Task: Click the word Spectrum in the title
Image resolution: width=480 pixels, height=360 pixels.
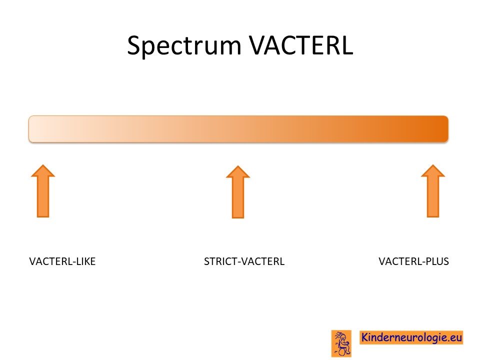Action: pyautogui.click(x=184, y=46)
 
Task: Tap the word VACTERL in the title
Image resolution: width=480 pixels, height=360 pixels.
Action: pyautogui.click(x=301, y=45)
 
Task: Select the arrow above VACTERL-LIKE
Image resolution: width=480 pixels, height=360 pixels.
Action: pyautogui.click(x=43, y=191)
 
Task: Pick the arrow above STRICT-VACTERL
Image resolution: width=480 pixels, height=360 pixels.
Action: pyautogui.click(x=238, y=192)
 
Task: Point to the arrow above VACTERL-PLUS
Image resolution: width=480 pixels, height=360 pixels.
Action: pyautogui.click(x=433, y=191)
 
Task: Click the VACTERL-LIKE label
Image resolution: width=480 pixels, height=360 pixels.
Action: pyautogui.click(x=62, y=261)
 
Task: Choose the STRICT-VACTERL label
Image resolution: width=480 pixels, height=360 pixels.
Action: pyautogui.click(x=244, y=261)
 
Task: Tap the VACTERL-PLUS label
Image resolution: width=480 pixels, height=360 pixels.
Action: pyautogui.click(x=414, y=261)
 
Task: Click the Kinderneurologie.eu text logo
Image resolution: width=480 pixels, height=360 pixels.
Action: pyautogui.click(x=411, y=337)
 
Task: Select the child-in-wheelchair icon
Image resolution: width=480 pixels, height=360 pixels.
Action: pyautogui.click(x=341, y=343)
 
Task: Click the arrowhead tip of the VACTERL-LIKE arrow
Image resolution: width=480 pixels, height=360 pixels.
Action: pyautogui.click(x=43, y=165)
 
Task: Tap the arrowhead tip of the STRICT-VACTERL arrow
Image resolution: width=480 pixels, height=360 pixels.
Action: pyautogui.click(x=238, y=166)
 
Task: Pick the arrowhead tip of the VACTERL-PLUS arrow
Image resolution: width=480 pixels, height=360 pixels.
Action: pyautogui.click(x=433, y=165)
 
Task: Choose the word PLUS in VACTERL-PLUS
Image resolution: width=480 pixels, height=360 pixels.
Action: pyautogui.click(x=437, y=261)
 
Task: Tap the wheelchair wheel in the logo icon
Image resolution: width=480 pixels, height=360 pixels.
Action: pyautogui.click(x=342, y=351)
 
